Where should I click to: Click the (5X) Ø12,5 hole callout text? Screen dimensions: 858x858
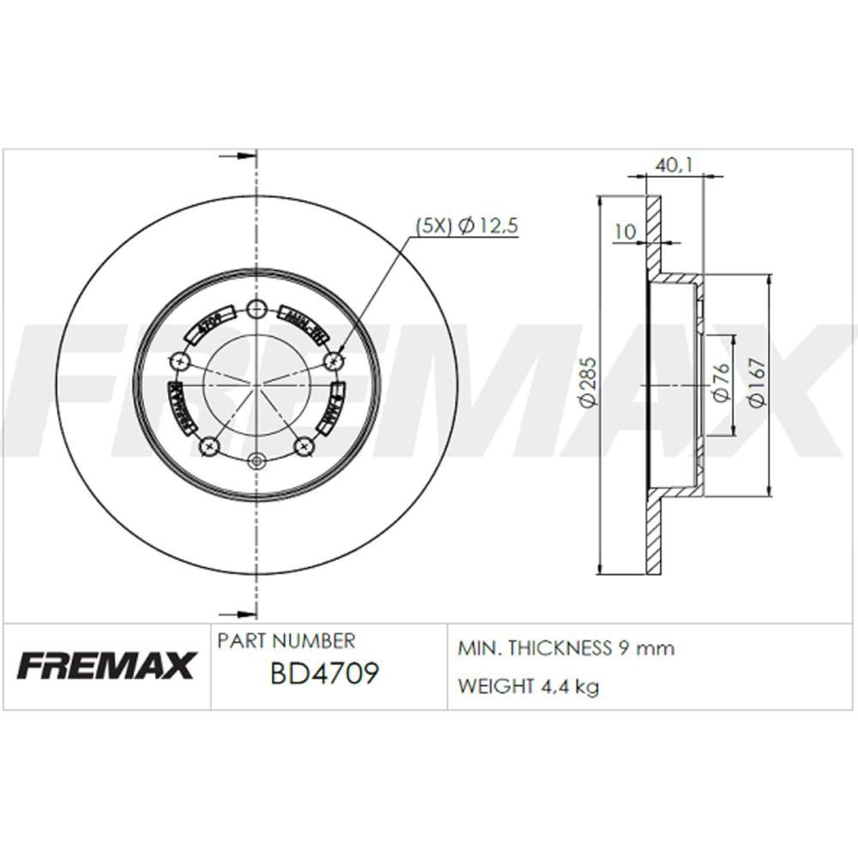coord(467,227)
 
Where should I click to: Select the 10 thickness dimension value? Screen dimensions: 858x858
coord(625,231)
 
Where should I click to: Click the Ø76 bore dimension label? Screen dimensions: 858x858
coord(722,384)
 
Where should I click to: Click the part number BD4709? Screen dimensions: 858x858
coord(323,674)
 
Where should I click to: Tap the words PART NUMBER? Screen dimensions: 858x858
coord(286,641)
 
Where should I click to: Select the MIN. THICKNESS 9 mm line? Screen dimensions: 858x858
coord(566,648)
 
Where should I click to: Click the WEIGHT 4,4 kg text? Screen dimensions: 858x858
coord(529,686)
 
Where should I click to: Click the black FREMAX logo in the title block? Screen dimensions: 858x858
coord(106,666)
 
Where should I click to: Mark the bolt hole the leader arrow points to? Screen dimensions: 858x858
coord(335,360)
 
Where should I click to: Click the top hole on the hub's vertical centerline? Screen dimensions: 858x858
coord(256,310)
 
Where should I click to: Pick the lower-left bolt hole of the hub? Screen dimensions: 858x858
coord(208,446)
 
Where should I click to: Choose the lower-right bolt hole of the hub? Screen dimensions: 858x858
coord(303,446)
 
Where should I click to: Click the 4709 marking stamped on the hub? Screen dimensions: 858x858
coord(208,325)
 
